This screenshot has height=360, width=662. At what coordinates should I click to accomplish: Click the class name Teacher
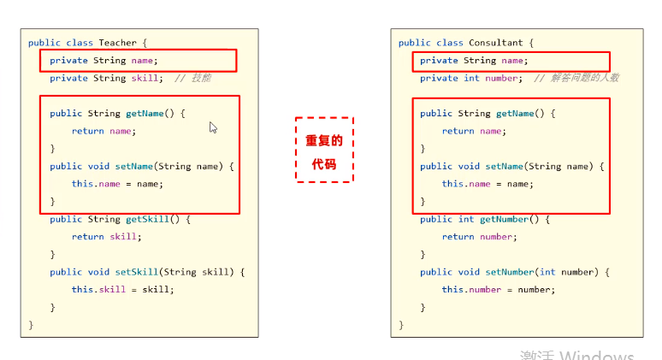[117, 43]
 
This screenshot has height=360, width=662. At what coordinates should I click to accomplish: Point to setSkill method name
[147, 272]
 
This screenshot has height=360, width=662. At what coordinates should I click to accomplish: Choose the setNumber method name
[510, 272]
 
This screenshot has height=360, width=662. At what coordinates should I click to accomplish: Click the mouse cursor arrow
[213, 127]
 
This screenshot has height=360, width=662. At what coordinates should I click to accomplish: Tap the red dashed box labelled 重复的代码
[324, 150]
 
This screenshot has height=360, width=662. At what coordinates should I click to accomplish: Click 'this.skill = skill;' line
[122, 289]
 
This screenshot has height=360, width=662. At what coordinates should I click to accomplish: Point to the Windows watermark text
[576, 355]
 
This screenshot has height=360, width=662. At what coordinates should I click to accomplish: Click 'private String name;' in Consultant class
[474, 61]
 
